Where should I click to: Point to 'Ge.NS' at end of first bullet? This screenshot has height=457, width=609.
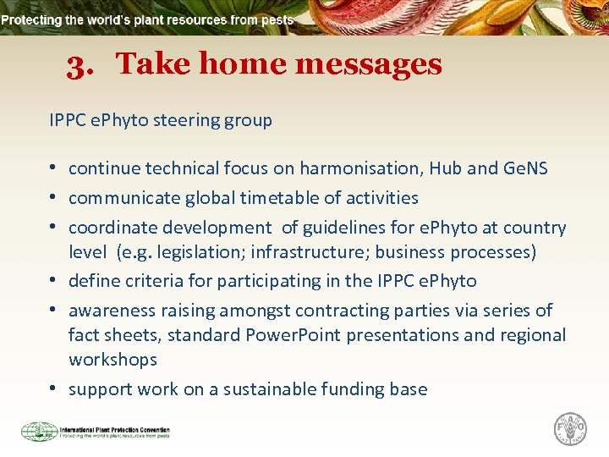pos(524,168)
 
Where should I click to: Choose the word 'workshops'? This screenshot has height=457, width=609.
pos(112,360)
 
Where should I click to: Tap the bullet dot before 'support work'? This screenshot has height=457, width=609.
pos(53,389)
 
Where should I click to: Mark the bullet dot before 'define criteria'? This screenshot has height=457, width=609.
pos(53,281)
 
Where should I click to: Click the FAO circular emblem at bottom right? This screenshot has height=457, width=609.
pos(569,429)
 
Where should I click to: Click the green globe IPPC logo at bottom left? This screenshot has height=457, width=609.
pos(39,432)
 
